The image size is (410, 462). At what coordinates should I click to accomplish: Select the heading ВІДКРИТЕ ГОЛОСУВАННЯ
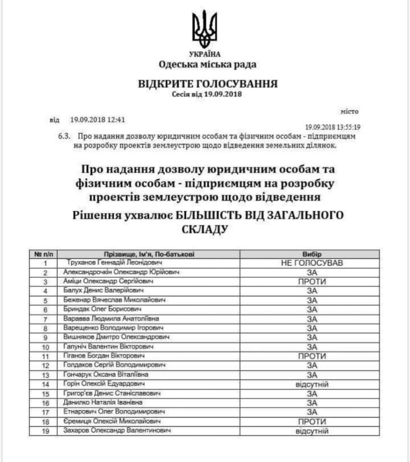pos(208,84)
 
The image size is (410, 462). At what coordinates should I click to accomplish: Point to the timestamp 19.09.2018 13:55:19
pos(336,127)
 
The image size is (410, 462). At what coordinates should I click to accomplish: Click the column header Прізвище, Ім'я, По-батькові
pos(150,254)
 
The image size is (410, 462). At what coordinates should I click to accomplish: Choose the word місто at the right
pos(349,111)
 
